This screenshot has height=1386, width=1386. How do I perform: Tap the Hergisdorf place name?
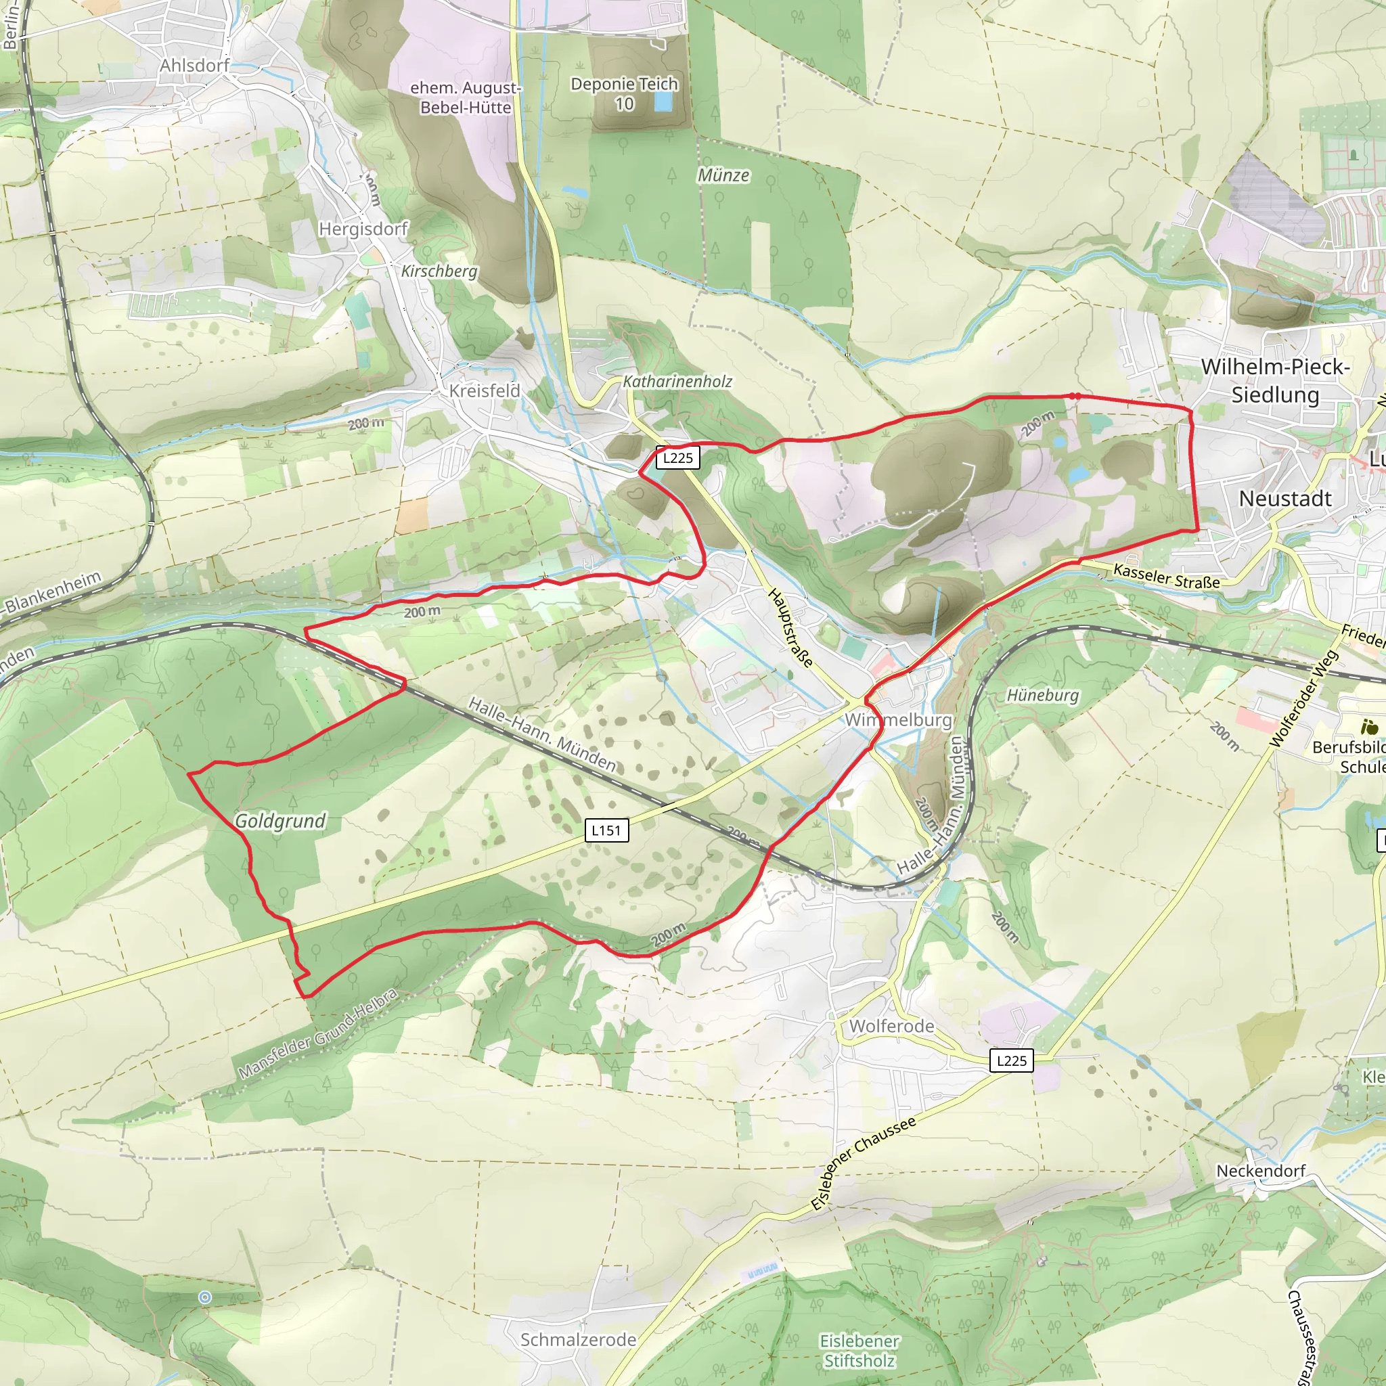tap(363, 229)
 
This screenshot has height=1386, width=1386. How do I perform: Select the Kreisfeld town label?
tap(485, 391)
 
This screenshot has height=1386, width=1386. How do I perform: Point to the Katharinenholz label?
tap(677, 382)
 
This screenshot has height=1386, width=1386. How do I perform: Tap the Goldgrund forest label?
tap(280, 822)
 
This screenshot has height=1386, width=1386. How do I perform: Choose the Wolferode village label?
tap(892, 1027)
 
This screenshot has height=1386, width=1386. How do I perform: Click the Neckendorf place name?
tap(1260, 1171)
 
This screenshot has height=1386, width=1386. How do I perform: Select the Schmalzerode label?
tap(578, 1339)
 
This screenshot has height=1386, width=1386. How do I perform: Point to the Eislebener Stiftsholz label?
tap(859, 1350)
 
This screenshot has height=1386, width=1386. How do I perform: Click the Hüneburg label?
tap(1042, 695)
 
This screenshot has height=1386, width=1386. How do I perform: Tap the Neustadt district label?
tap(1285, 499)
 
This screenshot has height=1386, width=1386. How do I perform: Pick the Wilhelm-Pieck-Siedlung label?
tap(1276, 381)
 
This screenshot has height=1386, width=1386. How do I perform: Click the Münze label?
tap(723, 176)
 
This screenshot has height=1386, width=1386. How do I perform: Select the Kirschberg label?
tap(439, 271)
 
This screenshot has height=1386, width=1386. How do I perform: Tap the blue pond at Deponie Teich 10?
tap(663, 103)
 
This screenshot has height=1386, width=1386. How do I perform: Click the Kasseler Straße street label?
tap(1166, 577)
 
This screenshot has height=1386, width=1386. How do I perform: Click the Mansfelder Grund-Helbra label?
tap(318, 1035)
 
